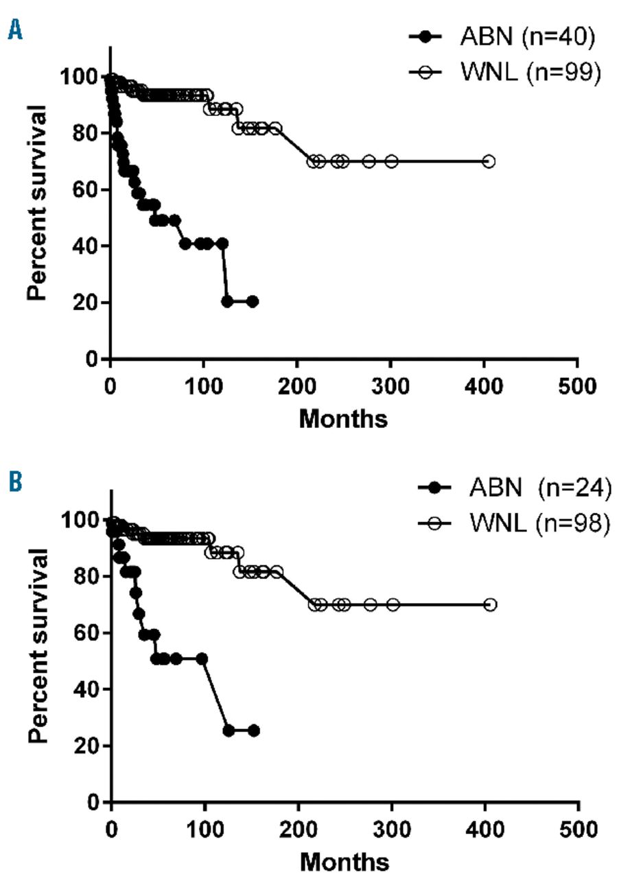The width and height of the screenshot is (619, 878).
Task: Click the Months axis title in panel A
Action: pyautogui.click(x=343, y=418)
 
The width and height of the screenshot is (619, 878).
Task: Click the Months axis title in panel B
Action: pyautogui.click(x=344, y=860)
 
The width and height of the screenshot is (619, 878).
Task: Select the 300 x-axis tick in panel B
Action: pyautogui.click(x=392, y=826)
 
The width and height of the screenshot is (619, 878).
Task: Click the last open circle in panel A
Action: pyautogui.click(x=489, y=161)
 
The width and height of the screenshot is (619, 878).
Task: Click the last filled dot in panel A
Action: pyautogui.click(x=253, y=302)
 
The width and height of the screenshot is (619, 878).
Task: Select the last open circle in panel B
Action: pyautogui.click(x=490, y=604)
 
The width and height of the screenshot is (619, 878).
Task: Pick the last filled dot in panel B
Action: pyautogui.click(x=254, y=731)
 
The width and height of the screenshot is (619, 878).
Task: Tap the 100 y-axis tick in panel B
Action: pyautogui.click(x=83, y=520)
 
